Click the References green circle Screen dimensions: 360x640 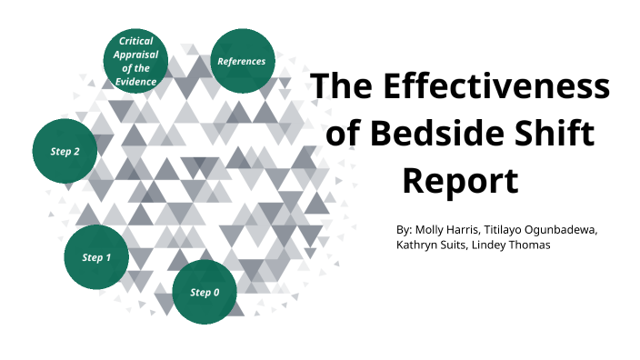(243, 61)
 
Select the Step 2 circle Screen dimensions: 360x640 (65, 151)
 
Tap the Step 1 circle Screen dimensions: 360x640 (96, 257)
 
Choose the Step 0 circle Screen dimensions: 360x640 (205, 292)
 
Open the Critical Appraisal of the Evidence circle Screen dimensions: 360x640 (135, 61)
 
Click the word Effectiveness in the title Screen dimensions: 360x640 (495, 87)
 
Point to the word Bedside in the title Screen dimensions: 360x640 (440, 134)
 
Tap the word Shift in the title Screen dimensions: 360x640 (555, 134)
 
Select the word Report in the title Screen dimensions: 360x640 (460, 180)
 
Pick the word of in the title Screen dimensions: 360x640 (343, 134)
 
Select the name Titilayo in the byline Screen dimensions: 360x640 (519, 229)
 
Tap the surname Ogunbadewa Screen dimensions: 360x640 (574, 229)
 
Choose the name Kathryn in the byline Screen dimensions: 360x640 (419, 245)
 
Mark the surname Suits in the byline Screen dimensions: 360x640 (463, 245)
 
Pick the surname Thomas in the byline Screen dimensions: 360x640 (543, 245)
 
